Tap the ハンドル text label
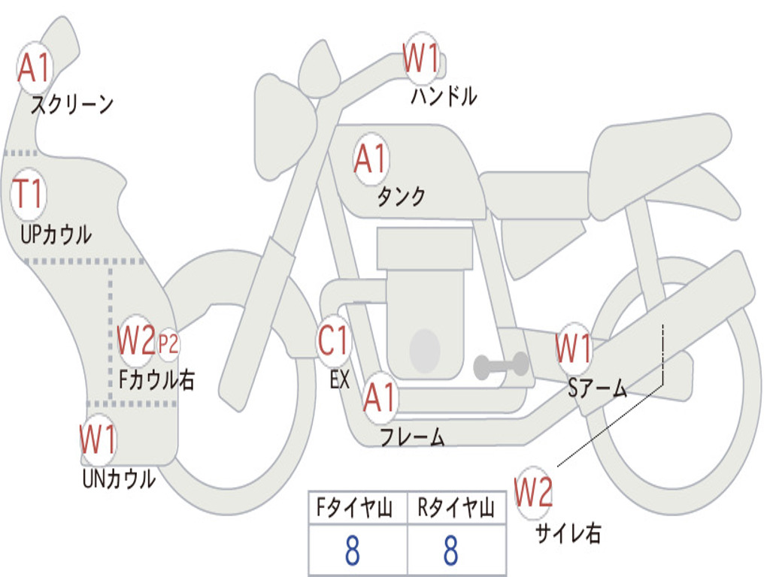pyautogui.click(x=444, y=97)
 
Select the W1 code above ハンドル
pyautogui.click(x=421, y=59)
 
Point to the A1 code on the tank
pyautogui.click(x=370, y=159)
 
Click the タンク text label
pyautogui.click(x=401, y=197)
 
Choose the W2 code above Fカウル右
pyautogui.click(x=136, y=341)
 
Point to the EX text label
pyautogui.click(x=340, y=380)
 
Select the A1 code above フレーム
pyautogui.click(x=379, y=398)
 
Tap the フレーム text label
pyautogui.click(x=412, y=437)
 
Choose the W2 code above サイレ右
pyautogui.click(x=533, y=493)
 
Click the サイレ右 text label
pyautogui.click(x=568, y=533)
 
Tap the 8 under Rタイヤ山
pyautogui.click(x=450, y=551)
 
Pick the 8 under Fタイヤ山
pyautogui.click(x=352, y=551)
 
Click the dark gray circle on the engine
pyautogui.click(x=424, y=349)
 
